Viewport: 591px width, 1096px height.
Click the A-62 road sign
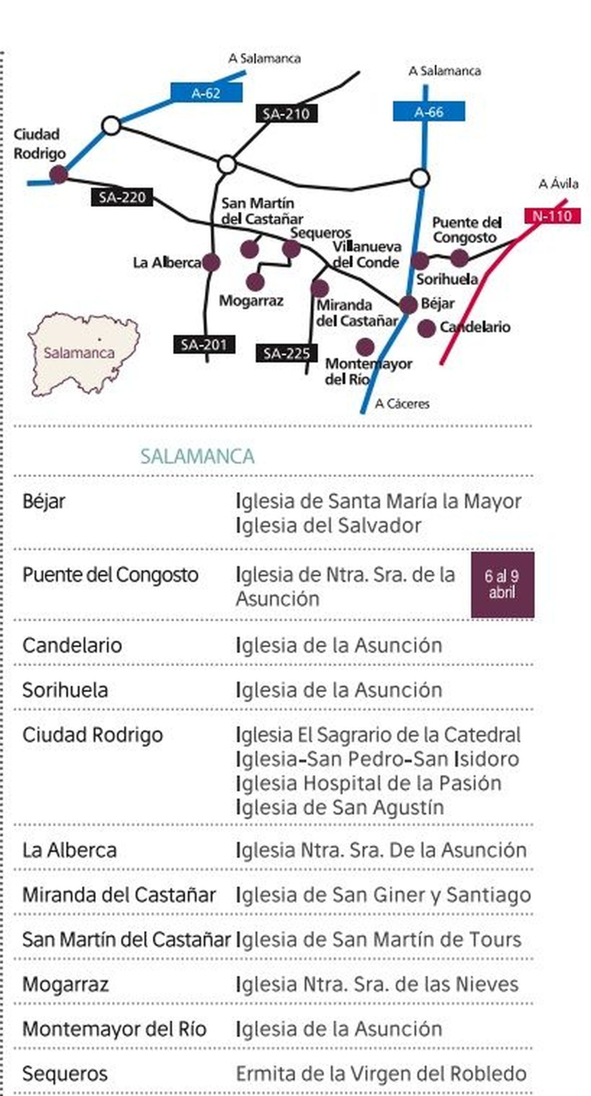pos(206,93)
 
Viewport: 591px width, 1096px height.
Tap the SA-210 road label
pos(286,114)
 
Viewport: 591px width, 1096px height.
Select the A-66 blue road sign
pos(428,111)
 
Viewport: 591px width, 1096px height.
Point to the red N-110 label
pos(552,216)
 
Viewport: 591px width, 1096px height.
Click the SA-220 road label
pos(122,197)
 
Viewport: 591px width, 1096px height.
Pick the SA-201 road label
pos(204,344)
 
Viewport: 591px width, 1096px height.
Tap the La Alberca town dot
pos(211,262)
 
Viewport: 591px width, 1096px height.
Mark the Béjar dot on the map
pos(408,305)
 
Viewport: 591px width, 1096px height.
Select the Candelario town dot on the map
pos(426,329)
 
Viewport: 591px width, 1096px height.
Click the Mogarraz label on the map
pos(251,301)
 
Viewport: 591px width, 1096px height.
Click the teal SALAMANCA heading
pos(197,457)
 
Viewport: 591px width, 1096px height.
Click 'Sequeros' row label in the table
pos(65,1073)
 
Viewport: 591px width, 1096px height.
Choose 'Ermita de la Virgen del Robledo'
pos(381,1073)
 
